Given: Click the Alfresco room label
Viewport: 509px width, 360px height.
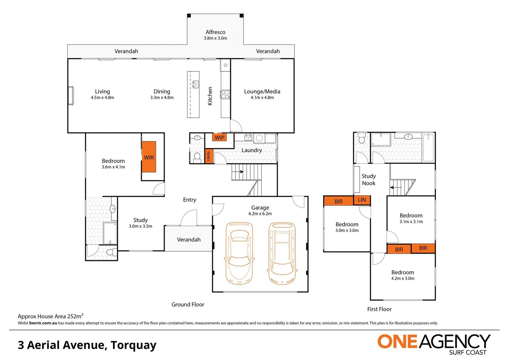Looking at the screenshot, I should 215,32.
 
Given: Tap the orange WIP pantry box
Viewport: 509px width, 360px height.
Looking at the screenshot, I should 219,137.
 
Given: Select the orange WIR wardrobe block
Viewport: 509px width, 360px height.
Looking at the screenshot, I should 149,157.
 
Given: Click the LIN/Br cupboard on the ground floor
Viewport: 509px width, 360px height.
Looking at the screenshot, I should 209,156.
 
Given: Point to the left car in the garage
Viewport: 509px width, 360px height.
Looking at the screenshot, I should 239,253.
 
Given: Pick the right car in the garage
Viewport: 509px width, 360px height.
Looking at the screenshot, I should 282,253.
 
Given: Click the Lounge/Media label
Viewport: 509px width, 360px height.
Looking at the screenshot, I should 262,92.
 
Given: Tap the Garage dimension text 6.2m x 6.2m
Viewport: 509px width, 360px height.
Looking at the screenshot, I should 260,214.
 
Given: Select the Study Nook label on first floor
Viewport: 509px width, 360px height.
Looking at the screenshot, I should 368,180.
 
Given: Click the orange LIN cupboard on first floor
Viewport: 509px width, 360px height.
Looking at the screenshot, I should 362,200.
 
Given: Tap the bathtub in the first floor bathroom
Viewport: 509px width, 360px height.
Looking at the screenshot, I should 428,147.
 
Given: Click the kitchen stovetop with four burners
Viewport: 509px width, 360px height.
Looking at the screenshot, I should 225,95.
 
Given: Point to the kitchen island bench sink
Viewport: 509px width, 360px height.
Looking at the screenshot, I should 195,84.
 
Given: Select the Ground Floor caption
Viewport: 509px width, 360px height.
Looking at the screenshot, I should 188,304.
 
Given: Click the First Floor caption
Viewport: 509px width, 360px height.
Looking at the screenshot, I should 379,309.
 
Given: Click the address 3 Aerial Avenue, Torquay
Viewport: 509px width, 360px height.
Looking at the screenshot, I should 87,345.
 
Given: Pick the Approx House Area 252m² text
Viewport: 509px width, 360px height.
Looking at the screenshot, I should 50,316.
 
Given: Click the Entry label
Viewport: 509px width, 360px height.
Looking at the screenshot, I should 189,200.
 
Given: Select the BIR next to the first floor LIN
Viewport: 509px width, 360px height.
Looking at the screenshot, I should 338,201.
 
